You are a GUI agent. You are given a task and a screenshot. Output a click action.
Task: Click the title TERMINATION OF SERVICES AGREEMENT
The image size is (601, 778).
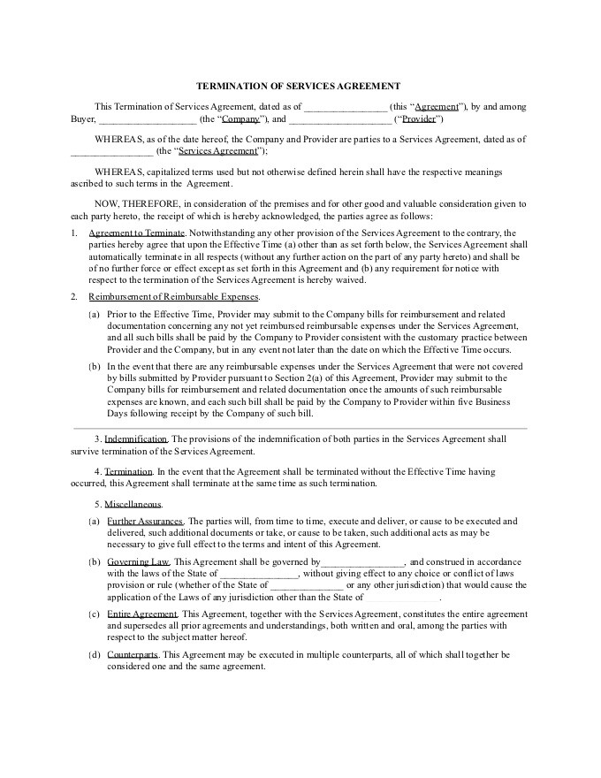coord(299,86)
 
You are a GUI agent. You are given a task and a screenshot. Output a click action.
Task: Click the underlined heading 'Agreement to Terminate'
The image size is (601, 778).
coord(137,232)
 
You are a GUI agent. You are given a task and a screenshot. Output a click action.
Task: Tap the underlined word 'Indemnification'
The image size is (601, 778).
coord(136,439)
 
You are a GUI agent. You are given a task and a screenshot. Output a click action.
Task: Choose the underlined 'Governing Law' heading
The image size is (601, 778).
coord(139,562)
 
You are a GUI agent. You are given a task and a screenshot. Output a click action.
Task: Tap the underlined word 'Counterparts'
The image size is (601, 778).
coord(133,654)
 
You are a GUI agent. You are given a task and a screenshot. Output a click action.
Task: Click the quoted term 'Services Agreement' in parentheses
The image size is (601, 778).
coord(212,151)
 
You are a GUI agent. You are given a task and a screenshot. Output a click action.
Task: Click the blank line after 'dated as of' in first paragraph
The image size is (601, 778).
coord(346,107)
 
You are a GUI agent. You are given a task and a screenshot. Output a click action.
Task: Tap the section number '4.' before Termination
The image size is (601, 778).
coord(98,472)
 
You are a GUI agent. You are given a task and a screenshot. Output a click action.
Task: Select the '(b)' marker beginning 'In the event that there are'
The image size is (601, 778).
coord(94,365)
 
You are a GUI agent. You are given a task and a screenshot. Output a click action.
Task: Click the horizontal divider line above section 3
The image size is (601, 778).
coord(299,429)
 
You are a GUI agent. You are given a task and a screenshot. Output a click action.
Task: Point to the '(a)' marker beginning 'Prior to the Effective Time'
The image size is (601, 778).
coord(94,314)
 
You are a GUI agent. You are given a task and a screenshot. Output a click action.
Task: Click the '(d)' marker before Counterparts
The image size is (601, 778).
coord(94,654)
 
